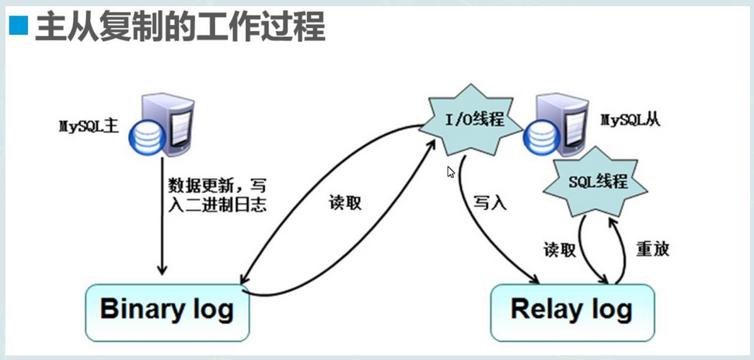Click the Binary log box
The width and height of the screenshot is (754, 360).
167,310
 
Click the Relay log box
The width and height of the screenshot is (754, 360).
571,310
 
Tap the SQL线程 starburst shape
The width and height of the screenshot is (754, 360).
598,183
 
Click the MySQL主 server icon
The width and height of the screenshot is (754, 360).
162,124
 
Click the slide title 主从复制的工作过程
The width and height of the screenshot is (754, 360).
179,27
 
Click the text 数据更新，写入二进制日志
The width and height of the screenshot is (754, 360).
218,194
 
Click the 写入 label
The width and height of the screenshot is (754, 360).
490,203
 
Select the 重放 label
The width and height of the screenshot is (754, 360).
652,249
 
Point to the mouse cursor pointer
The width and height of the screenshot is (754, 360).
450,171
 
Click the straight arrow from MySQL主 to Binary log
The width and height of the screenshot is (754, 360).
162,218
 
